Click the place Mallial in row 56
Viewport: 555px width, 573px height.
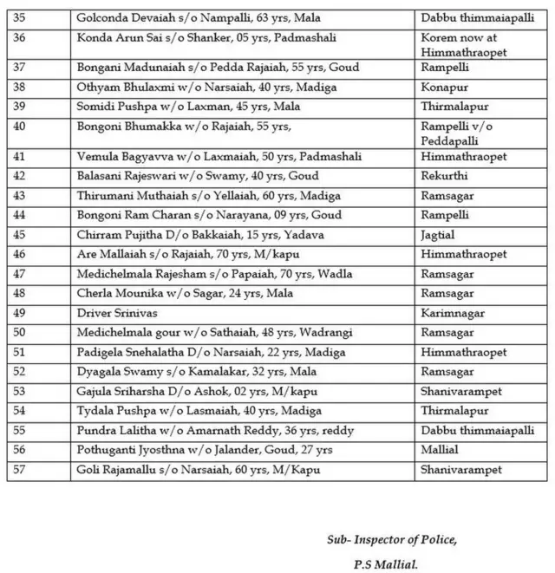click(440, 450)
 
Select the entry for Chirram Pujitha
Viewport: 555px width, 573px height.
click(186, 234)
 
